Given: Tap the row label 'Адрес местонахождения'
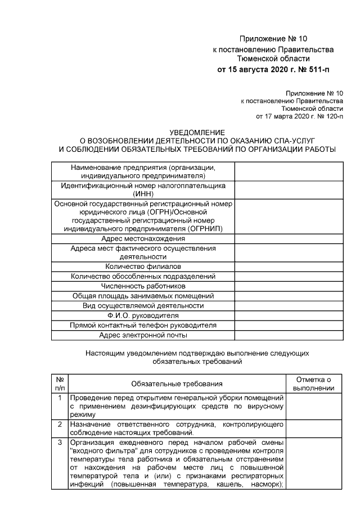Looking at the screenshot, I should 143,238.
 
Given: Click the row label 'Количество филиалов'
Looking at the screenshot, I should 143,265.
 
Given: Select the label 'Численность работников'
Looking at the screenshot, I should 143,286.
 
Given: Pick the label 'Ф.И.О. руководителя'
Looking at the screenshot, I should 143,316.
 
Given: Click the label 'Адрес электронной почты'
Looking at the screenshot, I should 143,335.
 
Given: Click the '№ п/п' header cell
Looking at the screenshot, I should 60,384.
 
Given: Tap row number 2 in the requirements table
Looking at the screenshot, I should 60,424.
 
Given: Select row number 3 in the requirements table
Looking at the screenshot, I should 60,442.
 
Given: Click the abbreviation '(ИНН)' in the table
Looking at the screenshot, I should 143,193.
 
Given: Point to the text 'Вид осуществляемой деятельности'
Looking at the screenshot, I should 143,305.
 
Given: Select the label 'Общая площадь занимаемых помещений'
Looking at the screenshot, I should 143,296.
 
